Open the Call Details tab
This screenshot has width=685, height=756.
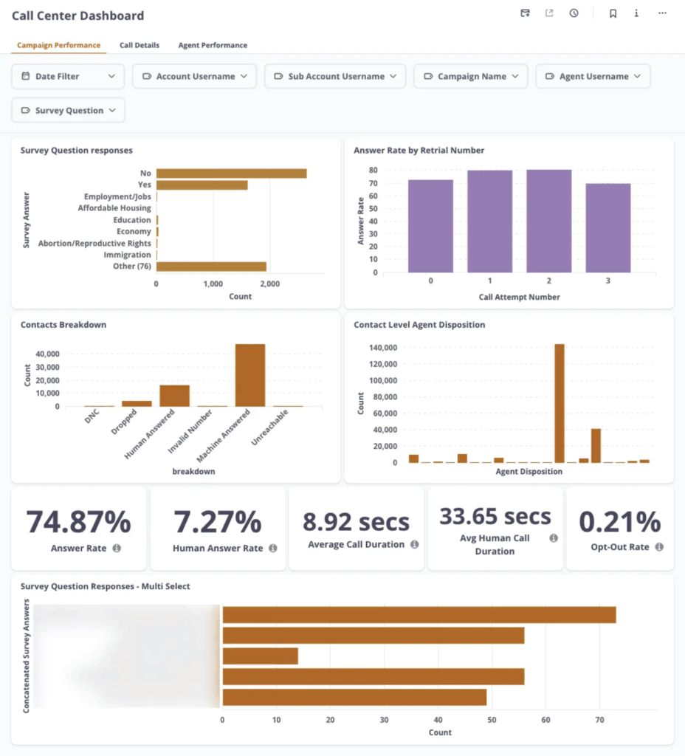[140, 45]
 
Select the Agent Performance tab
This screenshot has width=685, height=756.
[213, 45]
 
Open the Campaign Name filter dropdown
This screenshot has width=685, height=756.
[471, 76]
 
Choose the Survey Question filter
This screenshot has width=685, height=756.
[69, 110]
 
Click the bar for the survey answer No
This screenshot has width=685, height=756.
[231, 173]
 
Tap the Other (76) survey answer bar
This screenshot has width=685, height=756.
[211, 267]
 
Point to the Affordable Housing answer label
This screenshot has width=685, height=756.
[114, 208]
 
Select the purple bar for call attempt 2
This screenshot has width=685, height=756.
[549, 221]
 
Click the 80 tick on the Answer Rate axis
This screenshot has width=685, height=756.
[374, 170]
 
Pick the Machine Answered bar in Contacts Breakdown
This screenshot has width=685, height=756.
[250, 375]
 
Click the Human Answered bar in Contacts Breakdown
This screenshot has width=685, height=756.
[175, 396]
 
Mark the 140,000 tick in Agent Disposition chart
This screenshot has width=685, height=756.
[382, 348]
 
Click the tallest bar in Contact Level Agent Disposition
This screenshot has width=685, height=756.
[560, 403]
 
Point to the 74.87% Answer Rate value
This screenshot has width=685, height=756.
[78, 522]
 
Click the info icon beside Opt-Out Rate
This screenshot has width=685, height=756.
[659, 547]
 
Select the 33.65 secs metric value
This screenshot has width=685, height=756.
[495, 516]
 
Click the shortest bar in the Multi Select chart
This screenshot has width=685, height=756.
[261, 656]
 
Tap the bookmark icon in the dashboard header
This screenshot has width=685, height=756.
[613, 13]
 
